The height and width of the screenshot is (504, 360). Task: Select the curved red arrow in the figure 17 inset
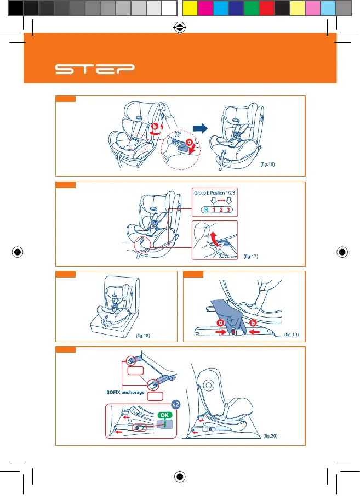click(215, 239)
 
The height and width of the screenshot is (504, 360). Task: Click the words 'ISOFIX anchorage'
click(125, 392)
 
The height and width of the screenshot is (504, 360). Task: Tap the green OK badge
click(164, 415)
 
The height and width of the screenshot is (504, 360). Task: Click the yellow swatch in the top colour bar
click(189, 8)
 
